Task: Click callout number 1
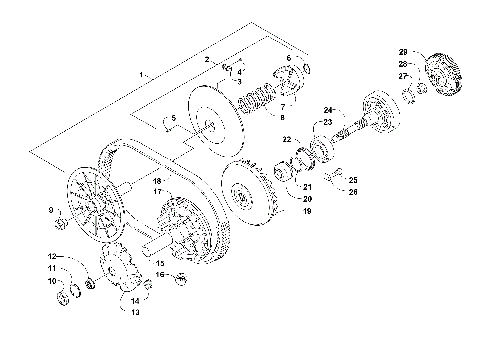143,75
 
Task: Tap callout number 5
173,118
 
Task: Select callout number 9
53,209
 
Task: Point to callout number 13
136,312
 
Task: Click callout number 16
158,274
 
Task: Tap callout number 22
287,139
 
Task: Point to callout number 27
404,75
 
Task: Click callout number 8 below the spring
282,117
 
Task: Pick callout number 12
53,257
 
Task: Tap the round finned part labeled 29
444,72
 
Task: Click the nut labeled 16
180,278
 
